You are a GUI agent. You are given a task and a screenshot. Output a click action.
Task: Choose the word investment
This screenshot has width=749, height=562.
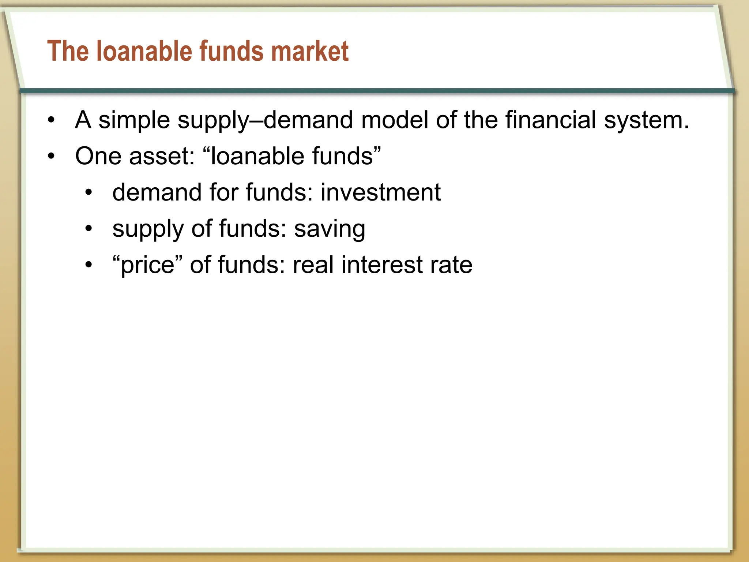pyautogui.click(x=381, y=192)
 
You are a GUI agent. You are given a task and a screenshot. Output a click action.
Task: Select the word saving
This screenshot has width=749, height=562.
pyautogui.click(x=330, y=229)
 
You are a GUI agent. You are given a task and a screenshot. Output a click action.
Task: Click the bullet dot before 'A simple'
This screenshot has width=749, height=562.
pyautogui.click(x=51, y=120)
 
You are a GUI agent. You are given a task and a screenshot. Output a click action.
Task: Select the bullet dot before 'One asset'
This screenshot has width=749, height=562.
pyautogui.click(x=51, y=157)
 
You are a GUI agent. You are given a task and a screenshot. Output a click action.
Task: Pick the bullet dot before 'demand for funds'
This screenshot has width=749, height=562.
pyautogui.click(x=89, y=192)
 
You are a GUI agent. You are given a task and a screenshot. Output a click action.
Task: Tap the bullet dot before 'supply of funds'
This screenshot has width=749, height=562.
pyautogui.click(x=89, y=229)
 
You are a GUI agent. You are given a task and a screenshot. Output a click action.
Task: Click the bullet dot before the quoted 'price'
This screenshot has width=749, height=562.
pyautogui.click(x=89, y=265)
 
